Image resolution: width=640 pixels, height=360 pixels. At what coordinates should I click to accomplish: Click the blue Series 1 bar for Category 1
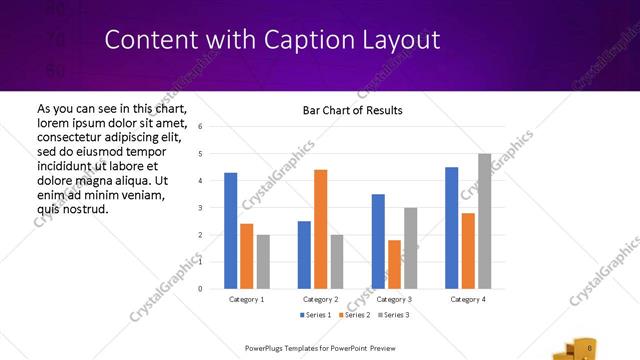click(x=231, y=231)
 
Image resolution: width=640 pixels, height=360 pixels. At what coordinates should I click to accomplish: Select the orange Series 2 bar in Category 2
click(x=320, y=229)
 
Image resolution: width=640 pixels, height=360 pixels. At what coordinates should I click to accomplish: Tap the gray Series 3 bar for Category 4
click(x=485, y=221)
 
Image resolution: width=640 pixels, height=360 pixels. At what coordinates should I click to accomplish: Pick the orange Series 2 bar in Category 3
click(x=394, y=264)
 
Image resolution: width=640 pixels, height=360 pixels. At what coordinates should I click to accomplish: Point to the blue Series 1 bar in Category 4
click(x=452, y=228)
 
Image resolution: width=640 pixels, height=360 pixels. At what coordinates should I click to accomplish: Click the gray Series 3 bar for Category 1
click(x=263, y=262)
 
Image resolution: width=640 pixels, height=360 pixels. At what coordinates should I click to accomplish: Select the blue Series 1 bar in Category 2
click(x=304, y=255)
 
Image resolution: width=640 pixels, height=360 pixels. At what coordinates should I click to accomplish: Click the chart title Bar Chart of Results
click(x=352, y=110)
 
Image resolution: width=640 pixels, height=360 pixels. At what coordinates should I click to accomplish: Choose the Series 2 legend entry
click(x=355, y=315)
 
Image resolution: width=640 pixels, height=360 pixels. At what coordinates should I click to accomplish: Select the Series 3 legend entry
click(x=393, y=315)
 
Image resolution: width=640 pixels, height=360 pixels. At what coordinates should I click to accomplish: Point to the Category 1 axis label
click(x=247, y=299)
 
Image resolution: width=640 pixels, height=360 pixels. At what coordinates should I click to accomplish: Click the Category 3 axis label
click(x=394, y=299)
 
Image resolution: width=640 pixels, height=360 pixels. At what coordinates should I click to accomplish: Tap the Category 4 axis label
click(x=468, y=299)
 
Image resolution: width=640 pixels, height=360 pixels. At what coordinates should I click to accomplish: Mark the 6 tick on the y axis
click(x=201, y=127)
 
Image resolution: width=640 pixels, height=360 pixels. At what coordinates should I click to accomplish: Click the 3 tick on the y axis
click(x=201, y=208)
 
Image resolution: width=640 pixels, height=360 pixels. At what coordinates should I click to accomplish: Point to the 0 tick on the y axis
click(x=201, y=289)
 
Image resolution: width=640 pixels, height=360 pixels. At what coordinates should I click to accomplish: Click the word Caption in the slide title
click(x=305, y=40)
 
